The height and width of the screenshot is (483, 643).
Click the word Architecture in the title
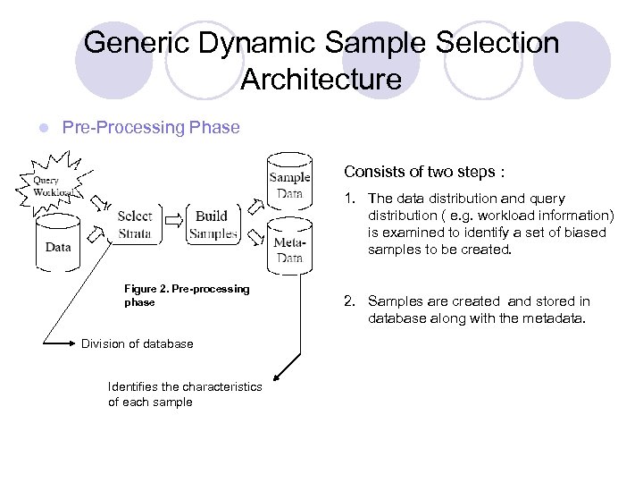click(321, 80)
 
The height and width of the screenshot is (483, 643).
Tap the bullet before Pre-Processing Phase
click(31, 128)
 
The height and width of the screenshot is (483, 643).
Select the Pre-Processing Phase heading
click(151, 127)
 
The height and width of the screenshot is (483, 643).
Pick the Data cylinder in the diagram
click(59, 243)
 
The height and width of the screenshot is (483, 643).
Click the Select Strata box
click(135, 225)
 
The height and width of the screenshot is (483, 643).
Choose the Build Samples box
click(213, 225)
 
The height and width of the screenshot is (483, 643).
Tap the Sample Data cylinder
click(290, 184)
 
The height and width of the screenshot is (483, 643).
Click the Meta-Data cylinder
click(290, 248)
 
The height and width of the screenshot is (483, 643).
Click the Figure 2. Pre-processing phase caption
click(187, 295)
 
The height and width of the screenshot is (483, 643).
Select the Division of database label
click(137, 343)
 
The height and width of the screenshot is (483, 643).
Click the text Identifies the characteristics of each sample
click(184, 394)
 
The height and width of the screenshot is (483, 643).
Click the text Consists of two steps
click(424, 172)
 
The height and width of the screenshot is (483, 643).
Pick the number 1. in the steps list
click(351, 199)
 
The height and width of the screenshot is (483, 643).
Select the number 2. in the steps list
click(351, 301)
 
